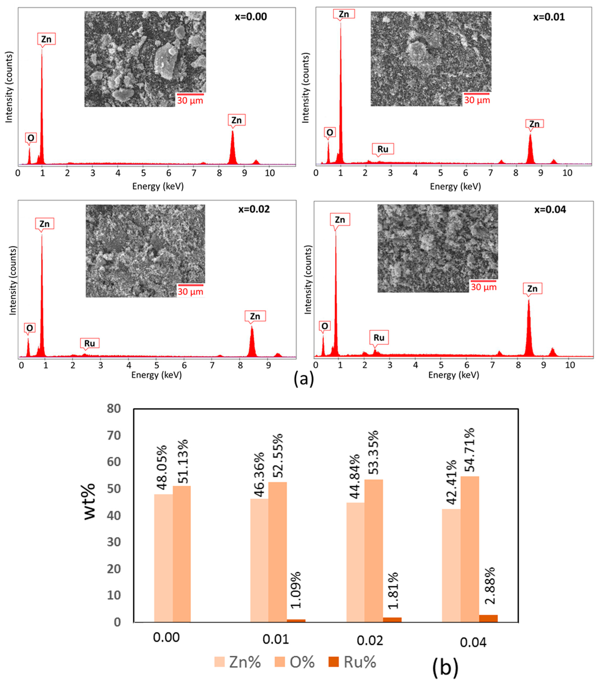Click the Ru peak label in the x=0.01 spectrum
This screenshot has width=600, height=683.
click(383, 149)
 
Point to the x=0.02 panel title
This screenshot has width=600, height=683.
click(254, 209)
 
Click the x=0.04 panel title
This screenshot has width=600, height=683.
click(550, 210)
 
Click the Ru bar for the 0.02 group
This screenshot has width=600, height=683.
click(392, 620)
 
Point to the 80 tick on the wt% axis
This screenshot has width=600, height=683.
click(114, 408)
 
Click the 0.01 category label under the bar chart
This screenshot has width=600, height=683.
click(275, 639)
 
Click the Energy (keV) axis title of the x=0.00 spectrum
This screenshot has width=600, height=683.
click(158, 186)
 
